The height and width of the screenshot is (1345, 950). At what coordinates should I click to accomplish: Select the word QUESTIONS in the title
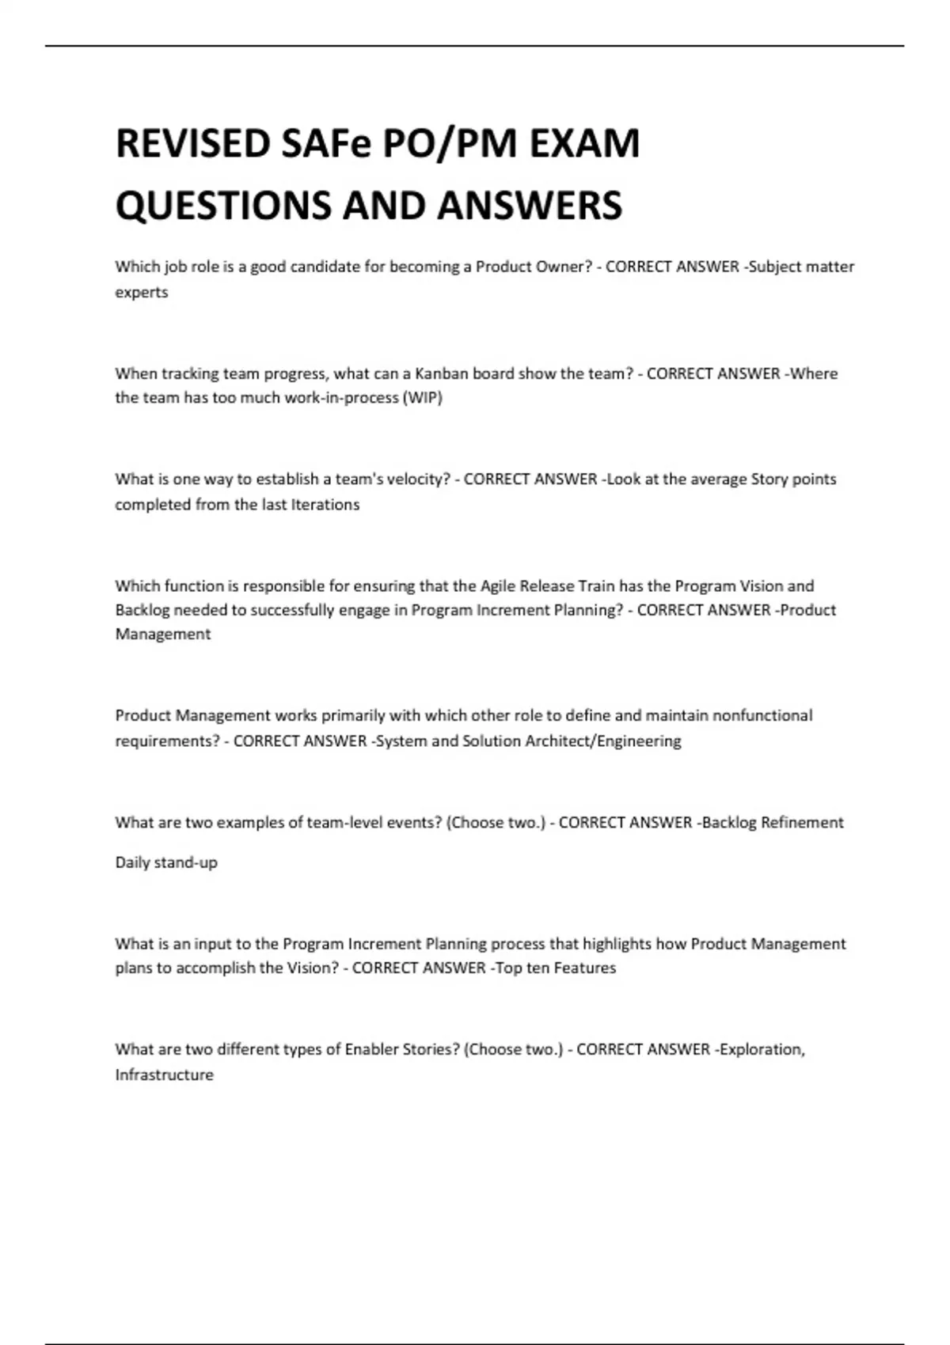(x=223, y=206)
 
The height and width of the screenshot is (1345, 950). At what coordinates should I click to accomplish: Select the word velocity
(x=412, y=479)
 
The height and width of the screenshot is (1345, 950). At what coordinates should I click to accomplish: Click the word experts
(x=142, y=293)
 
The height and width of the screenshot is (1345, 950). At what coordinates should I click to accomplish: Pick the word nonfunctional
(x=762, y=716)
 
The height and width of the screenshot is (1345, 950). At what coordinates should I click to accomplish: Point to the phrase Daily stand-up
(x=166, y=862)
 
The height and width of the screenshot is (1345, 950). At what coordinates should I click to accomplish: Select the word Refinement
(x=802, y=823)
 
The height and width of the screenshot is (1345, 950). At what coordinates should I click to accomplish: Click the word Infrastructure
(x=165, y=1075)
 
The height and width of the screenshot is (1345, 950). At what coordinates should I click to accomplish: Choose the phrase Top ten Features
(x=555, y=968)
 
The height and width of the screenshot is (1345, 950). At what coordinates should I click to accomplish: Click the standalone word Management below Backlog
(x=163, y=635)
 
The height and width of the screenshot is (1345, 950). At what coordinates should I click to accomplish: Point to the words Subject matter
(x=801, y=267)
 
